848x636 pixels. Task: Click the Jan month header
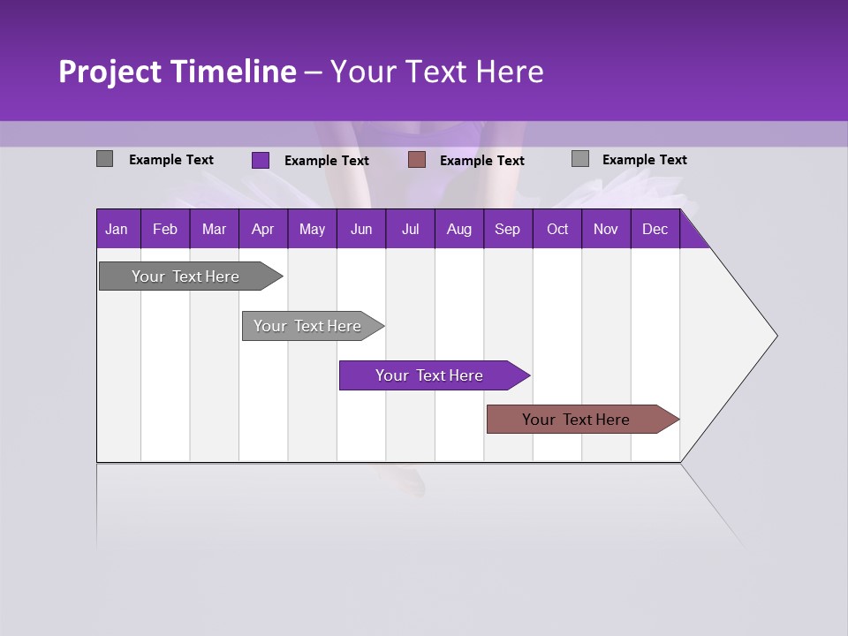(x=117, y=229)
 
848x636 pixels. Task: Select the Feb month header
(x=165, y=229)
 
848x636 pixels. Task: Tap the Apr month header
(x=262, y=229)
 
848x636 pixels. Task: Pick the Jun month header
(x=361, y=229)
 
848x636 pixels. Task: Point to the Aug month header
(x=458, y=229)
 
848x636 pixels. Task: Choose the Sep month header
(x=507, y=229)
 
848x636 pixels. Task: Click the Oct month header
(x=557, y=229)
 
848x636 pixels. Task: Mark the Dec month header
(x=655, y=229)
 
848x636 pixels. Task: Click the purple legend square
(x=260, y=160)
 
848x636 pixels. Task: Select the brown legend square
(x=417, y=159)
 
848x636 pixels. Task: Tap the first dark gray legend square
(x=104, y=159)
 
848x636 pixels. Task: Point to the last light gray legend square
(x=579, y=159)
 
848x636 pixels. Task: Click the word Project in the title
(x=109, y=72)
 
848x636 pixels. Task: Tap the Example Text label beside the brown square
(x=481, y=161)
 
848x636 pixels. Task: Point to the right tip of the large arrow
(x=776, y=336)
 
